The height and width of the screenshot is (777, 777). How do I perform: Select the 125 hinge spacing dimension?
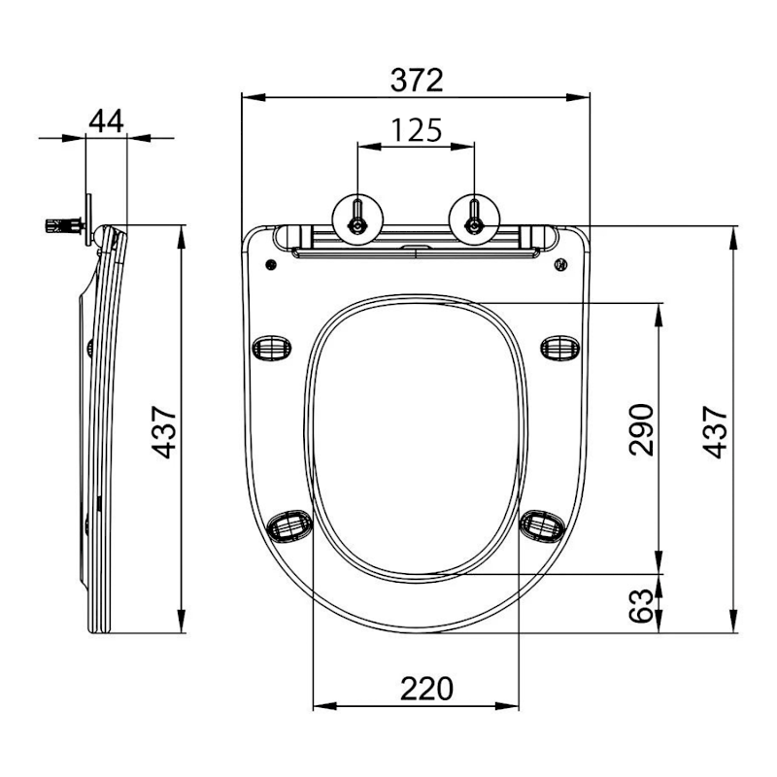tap(417, 128)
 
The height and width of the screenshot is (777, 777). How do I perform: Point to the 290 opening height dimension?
tap(642, 428)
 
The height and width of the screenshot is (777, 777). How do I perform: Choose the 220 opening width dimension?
tap(426, 689)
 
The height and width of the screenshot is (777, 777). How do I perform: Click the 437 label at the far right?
tap(716, 431)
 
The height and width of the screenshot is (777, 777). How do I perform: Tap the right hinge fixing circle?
tap(474, 217)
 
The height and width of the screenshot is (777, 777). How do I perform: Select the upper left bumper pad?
tap(271, 347)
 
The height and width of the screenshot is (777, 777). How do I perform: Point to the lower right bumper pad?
tap(541, 525)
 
